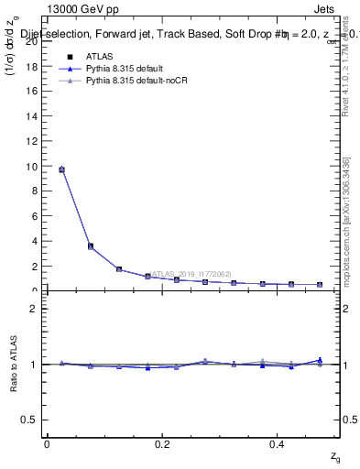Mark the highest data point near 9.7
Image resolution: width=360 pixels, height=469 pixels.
pos(61,169)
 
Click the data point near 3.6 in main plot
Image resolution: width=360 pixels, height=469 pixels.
pos(90,245)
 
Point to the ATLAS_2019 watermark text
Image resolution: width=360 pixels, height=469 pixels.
pos(192,273)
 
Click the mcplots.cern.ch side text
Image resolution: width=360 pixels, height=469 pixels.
pos(346,229)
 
